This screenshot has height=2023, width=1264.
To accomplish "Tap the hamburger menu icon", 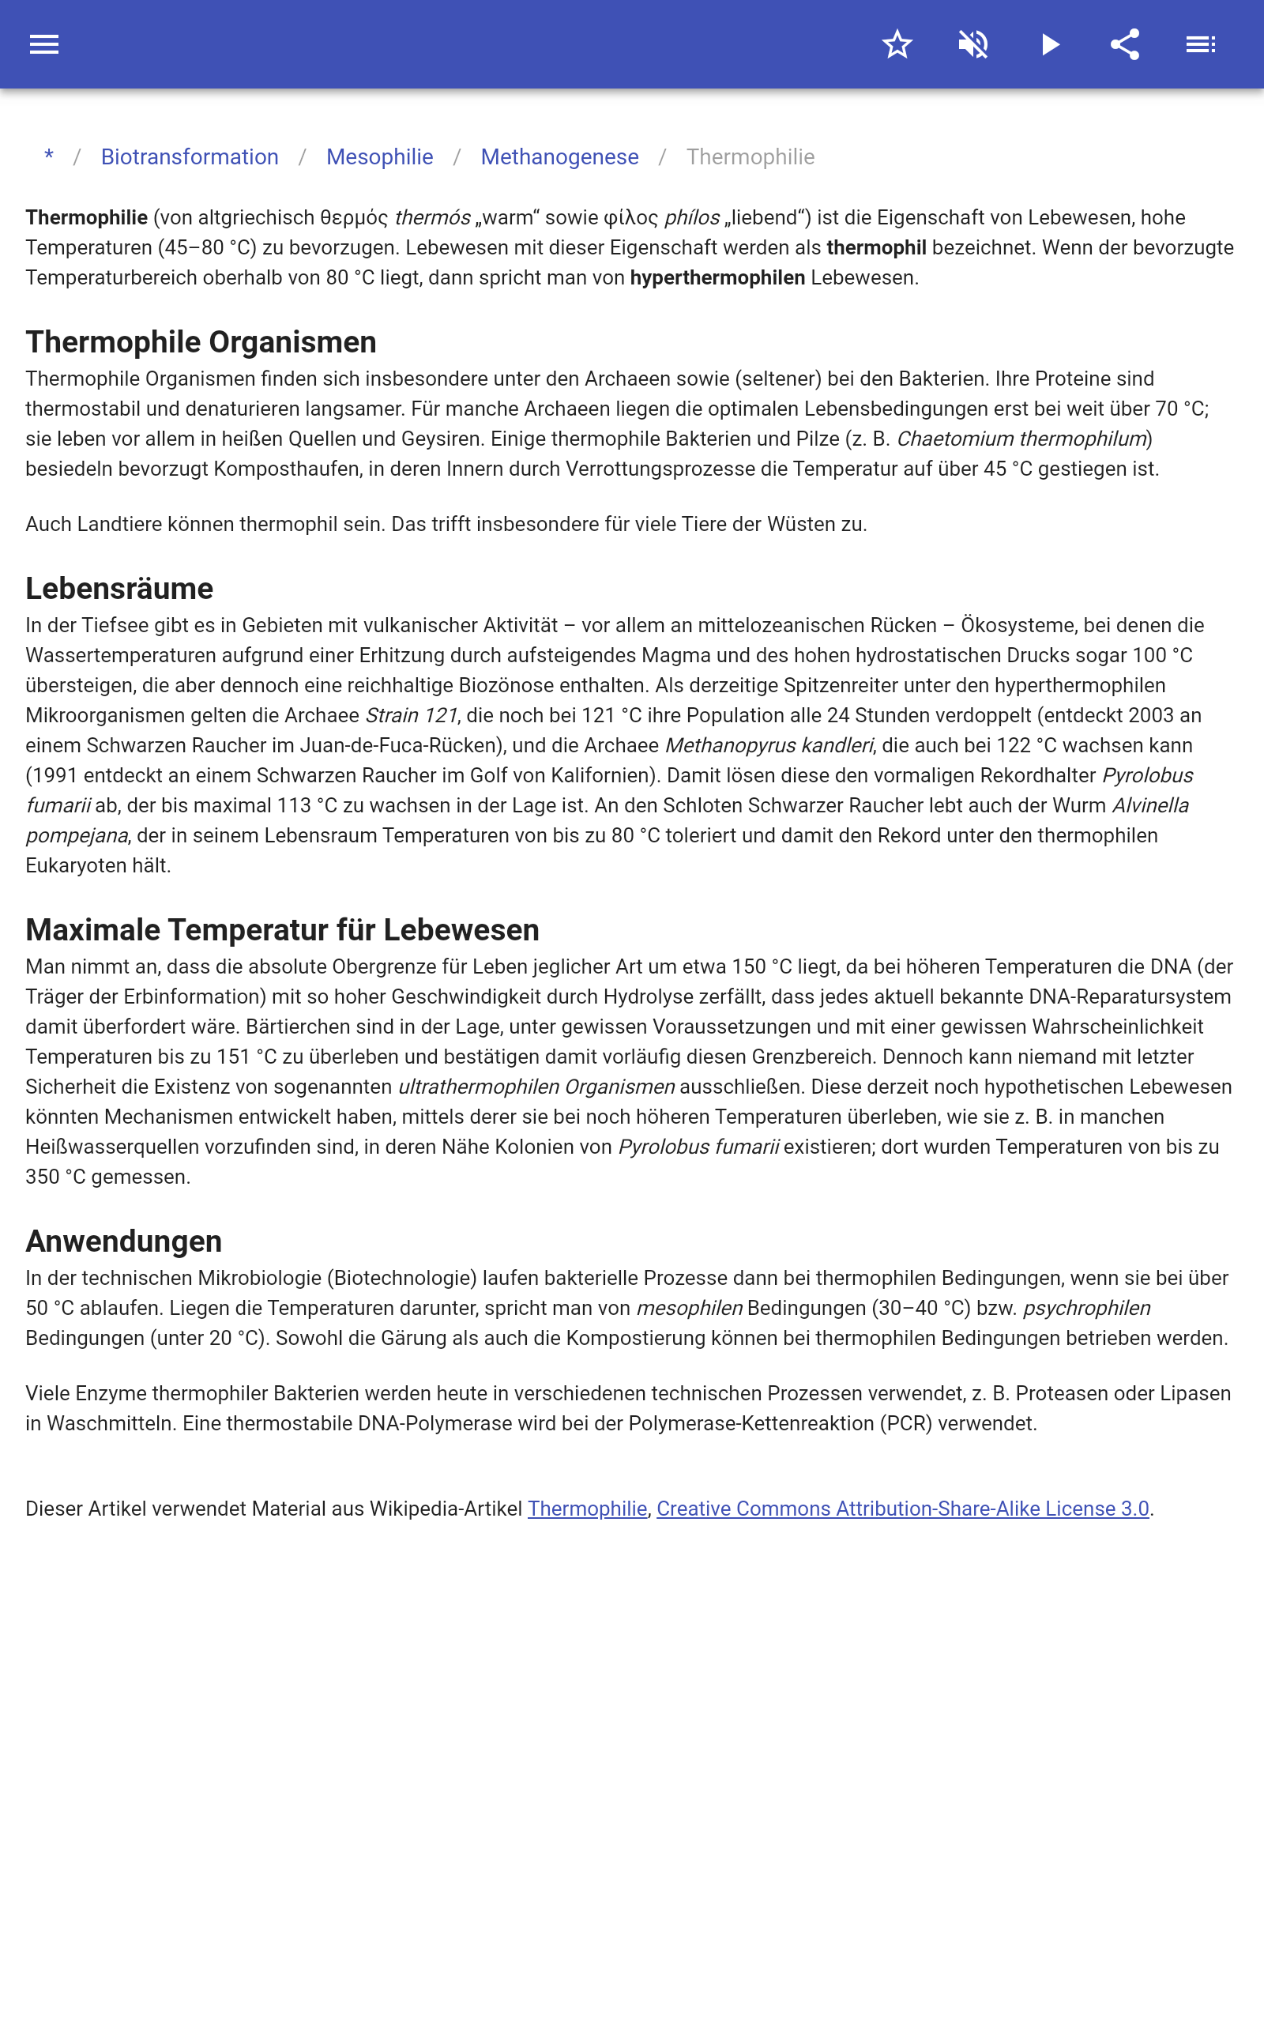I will click(x=44, y=44).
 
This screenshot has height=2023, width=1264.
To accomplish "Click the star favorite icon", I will click(x=897, y=44).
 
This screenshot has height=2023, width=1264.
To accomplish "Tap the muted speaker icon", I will click(x=973, y=44).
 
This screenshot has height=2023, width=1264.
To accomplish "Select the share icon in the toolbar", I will click(x=1125, y=44).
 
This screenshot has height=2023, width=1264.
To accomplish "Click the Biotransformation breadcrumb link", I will click(x=190, y=157).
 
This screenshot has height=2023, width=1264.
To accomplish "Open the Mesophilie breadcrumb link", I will click(x=379, y=157).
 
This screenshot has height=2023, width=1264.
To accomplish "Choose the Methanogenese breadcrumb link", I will click(x=559, y=157).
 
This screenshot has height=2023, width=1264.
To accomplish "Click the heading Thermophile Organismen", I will click(x=201, y=342).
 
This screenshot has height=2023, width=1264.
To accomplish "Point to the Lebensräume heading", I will click(x=119, y=589).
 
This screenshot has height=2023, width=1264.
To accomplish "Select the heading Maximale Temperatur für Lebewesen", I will click(x=282, y=929).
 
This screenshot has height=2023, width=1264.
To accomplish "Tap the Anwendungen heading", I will click(x=124, y=1241).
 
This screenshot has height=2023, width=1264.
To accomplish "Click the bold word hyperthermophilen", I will click(x=717, y=277).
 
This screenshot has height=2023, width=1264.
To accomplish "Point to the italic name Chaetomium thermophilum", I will click(x=1021, y=439).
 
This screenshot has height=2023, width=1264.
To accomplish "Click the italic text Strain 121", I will click(x=412, y=716).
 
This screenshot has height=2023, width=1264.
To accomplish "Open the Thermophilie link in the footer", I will click(x=587, y=1509).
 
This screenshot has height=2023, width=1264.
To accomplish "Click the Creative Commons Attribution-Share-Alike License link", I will click(x=903, y=1509).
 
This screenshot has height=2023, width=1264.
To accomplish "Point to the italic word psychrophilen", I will click(x=1087, y=1309).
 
